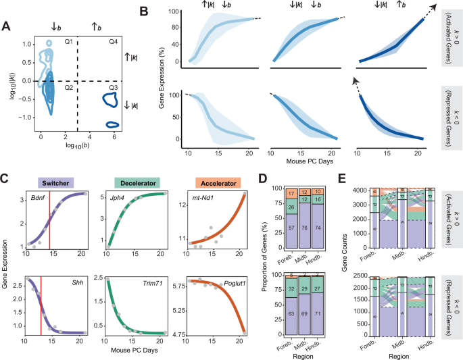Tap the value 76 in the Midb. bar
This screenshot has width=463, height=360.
(x=308, y=247)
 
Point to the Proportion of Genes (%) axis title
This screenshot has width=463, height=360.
(x=262, y=263)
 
